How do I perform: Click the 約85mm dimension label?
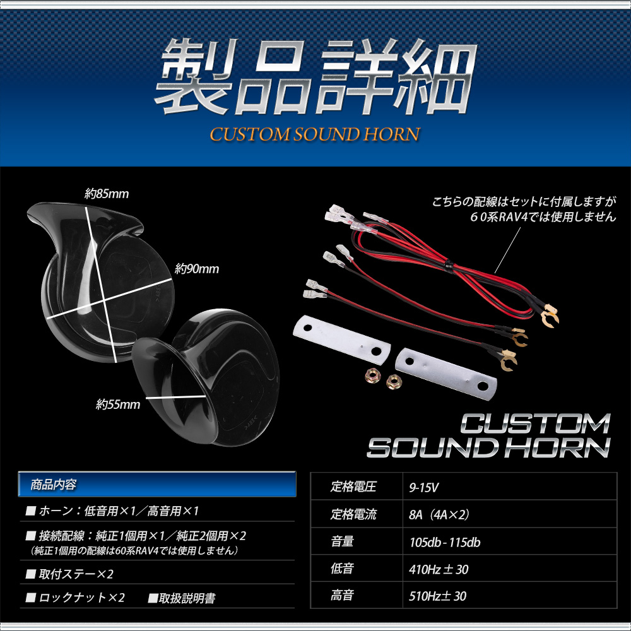click(x=107, y=194)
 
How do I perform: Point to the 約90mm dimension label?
click(x=197, y=269)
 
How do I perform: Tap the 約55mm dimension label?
click(x=118, y=404)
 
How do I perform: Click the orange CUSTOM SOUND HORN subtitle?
click(x=315, y=134)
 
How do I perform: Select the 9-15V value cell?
click(x=509, y=487)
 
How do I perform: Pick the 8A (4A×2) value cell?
click(x=509, y=514)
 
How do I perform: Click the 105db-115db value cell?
click(x=509, y=541)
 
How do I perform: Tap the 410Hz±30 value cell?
click(x=509, y=569)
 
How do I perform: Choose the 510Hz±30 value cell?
click(x=509, y=595)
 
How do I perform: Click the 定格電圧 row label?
click(x=353, y=487)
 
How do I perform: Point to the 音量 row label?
click(x=342, y=541)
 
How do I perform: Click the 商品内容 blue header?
click(x=157, y=484)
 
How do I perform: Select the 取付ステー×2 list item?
click(x=69, y=574)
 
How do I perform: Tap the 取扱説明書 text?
click(x=182, y=598)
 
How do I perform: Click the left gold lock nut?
click(x=373, y=376)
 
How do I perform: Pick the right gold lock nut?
click(x=394, y=381)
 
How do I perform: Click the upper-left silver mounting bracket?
click(x=342, y=339)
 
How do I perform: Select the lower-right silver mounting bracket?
click(x=446, y=374)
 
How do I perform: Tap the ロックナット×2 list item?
click(x=75, y=598)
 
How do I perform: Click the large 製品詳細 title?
click(x=315, y=76)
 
